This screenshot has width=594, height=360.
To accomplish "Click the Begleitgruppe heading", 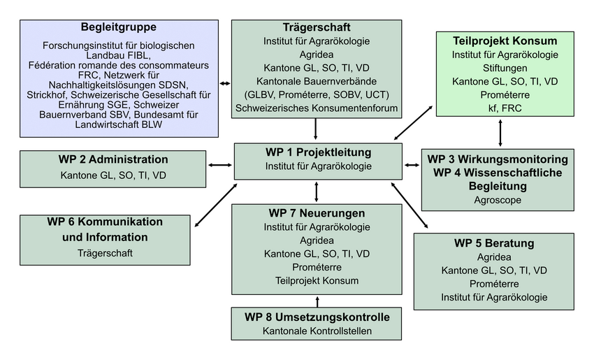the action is (x=119, y=27).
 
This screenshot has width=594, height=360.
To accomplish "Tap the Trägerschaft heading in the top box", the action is (x=317, y=27).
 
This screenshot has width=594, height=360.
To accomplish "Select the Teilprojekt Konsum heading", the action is (x=505, y=41).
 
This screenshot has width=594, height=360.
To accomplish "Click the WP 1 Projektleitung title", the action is (x=318, y=152).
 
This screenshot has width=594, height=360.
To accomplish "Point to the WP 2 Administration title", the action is (x=113, y=159).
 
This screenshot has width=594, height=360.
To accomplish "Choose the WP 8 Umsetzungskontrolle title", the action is (x=317, y=317).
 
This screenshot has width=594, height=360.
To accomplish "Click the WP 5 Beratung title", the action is (x=494, y=243).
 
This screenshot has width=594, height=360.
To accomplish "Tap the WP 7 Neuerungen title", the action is (x=317, y=213).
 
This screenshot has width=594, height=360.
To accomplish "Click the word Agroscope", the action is (x=498, y=200).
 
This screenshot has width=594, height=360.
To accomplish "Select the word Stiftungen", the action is (x=505, y=69).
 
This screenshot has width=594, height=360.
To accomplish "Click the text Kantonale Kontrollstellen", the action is (x=317, y=331).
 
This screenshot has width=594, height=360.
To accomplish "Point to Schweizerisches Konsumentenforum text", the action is (x=317, y=108).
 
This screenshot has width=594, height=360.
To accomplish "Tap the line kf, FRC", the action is (x=505, y=108).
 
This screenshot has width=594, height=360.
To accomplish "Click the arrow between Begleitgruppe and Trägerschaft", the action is (x=225, y=83).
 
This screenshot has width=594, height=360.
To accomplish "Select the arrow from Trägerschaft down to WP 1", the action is (x=316, y=129).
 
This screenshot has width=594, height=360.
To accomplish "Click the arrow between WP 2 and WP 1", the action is (x=220, y=165).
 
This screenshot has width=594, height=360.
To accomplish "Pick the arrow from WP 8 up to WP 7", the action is (x=317, y=302).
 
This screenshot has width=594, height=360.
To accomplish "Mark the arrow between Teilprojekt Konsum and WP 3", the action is (x=500, y=133).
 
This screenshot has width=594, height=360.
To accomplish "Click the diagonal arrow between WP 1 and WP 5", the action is (x=410, y=206).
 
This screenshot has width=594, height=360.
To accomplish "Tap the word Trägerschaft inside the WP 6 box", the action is (x=105, y=253).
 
